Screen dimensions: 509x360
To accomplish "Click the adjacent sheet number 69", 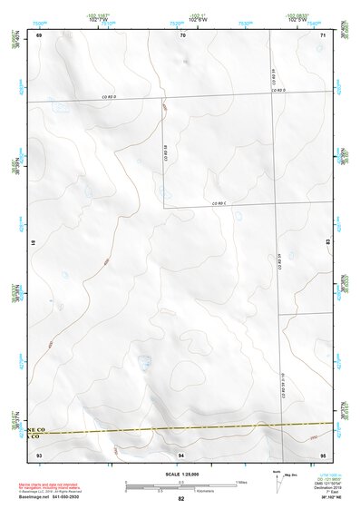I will (x=39, y=35).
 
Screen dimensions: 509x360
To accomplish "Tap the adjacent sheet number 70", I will (x=182, y=35).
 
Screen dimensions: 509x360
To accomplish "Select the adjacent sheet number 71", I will (x=324, y=35).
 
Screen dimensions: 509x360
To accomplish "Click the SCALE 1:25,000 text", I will (x=180, y=473).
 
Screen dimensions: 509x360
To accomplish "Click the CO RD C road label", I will (x=218, y=203).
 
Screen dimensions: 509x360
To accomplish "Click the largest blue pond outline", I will (x=144, y=362).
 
